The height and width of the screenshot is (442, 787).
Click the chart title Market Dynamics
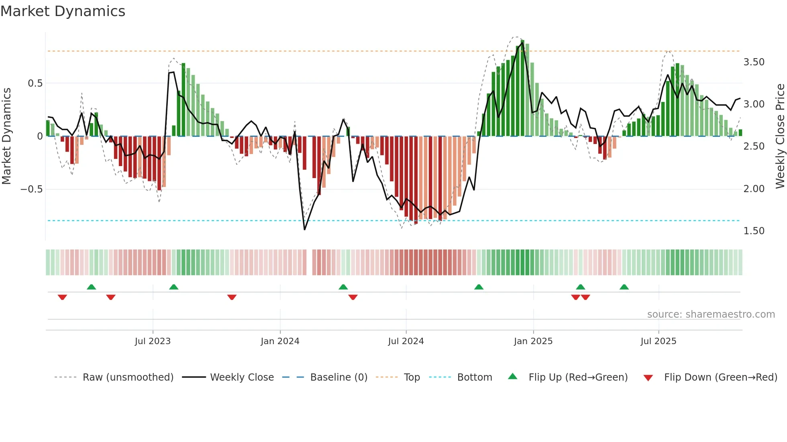point(63,11)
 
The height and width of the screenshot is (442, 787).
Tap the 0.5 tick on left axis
point(35,83)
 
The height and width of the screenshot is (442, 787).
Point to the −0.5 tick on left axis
point(32,189)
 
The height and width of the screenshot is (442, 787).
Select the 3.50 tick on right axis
point(754,62)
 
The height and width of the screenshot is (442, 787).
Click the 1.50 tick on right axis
point(754,231)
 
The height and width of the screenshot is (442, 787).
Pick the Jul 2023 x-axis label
point(153,341)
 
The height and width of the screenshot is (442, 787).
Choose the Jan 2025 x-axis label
point(533,341)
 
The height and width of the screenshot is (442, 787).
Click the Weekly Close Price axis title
point(780,136)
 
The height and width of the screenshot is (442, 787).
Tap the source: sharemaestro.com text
point(711,314)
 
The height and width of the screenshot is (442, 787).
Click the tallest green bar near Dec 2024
point(522,88)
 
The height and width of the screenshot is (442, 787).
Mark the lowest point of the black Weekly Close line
point(305,229)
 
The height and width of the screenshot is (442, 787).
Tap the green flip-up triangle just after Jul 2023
point(173,287)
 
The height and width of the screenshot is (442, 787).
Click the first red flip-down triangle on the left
point(62,297)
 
